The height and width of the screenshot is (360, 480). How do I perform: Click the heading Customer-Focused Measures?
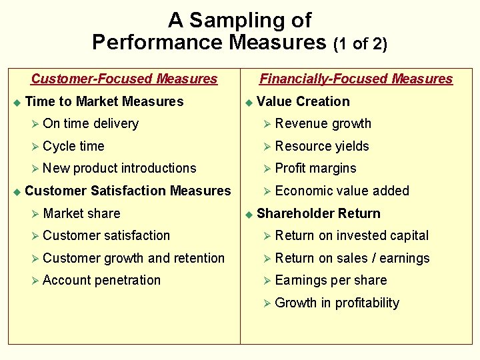coord(124,79)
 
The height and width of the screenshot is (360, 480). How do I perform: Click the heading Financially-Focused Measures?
coord(356,79)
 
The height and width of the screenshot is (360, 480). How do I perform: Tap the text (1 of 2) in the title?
coord(360,44)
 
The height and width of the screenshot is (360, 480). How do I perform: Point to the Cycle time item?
coord(73,146)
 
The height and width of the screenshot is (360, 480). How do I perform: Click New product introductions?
coord(119,168)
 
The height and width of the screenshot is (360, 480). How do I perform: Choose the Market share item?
coord(81,213)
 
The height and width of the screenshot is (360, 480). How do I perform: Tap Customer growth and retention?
coord(133,258)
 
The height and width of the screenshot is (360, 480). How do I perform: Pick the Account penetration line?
coord(101,280)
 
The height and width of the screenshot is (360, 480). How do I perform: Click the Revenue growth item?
coord(323,123)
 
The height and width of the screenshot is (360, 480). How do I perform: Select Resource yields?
coord(322,146)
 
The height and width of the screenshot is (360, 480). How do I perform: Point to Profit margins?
coord(315,168)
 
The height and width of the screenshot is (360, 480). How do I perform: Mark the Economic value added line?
coord(342,191)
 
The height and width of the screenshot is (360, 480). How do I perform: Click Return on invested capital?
coord(352,235)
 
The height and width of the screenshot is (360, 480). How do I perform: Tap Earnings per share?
coord(331,280)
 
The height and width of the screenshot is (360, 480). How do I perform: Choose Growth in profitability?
coord(337,303)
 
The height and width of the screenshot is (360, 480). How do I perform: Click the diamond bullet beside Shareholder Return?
coord(249,214)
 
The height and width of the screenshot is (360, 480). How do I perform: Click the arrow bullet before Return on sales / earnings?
coord(267,259)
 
